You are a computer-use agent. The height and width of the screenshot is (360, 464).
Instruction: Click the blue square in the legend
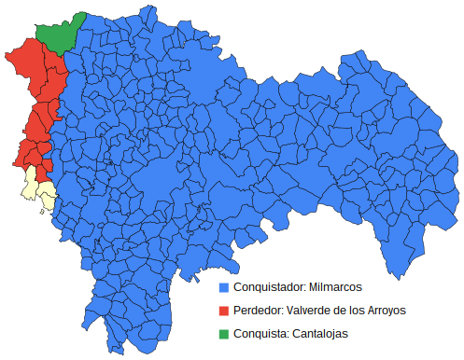tap(223, 286)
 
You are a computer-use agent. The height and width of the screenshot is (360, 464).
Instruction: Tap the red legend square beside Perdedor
tap(223, 310)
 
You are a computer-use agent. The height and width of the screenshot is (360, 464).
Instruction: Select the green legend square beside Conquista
tap(223, 333)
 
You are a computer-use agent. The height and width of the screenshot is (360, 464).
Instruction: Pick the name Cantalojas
tap(319, 333)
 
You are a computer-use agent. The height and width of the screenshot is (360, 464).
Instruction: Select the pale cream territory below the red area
tap(36, 187)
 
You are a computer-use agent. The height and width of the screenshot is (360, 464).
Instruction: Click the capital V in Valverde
tap(290, 310)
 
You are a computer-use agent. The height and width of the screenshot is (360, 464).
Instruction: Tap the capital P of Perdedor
tap(237, 310)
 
